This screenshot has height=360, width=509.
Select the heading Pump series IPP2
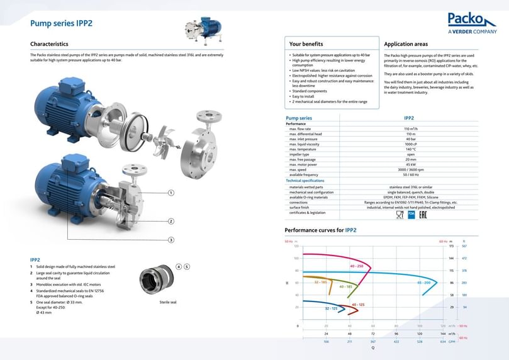pyautogui.click(x=62, y=23)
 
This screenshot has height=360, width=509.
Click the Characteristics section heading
pyautogui.click(x=49, y=44)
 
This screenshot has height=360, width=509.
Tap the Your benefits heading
pyautogui.click(x=306, y=44)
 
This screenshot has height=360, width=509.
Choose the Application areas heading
pyautogui.click(x=406, y=44)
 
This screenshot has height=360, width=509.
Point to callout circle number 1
pyautogui.click(x=171, y=193)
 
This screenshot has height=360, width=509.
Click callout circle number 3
pyautogui.click(x=171, y=240)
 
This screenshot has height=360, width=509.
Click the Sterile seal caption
pyautogui.click(x=168, y=302)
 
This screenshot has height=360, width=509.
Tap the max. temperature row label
pyautogui.click(x=303, y=149)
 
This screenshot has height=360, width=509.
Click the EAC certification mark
pyautogui.click(x=423, y=215)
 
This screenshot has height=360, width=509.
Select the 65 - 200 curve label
pyautogui.click(x=423, y=283)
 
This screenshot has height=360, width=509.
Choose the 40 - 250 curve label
pyautogui.click(x=357, y=266)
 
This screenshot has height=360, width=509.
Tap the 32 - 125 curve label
pyautogui.click(x=332, y=309)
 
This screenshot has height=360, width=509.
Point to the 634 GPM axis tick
pyautogui.click(x=443, y=342)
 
